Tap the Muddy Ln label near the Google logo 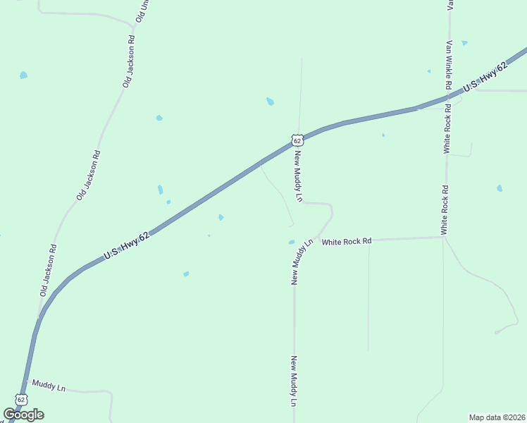tap(49, 387)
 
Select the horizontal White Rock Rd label tap(347, 242)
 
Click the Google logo tap(24, 415)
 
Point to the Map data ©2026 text tap(497, 417)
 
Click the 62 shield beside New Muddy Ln tap(297, 140)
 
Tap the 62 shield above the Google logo tap(21, 399)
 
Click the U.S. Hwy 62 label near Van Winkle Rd tap(484, 79)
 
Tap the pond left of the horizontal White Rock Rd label tap(292, 243)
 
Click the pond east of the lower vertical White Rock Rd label tap(500, 188)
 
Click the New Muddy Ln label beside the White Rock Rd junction tap(300, 263)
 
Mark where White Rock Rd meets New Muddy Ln tap(318, 238)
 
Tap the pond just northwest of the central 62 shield tap(270, 102)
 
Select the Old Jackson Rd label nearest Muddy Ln tap(48, 269)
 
